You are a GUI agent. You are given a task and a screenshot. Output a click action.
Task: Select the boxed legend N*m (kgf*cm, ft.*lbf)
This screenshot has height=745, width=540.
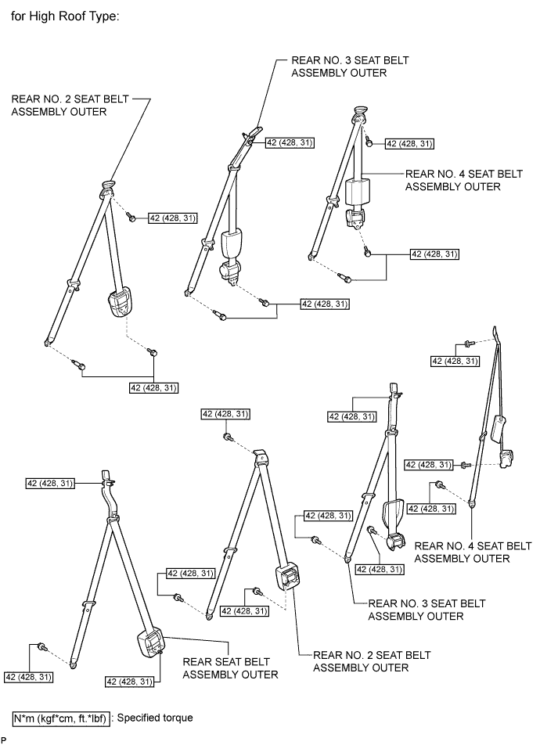62,716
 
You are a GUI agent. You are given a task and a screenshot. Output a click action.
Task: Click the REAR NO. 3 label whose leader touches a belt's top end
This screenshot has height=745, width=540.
340,67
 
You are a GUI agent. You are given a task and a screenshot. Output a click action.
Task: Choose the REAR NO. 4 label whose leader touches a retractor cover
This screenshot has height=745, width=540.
452,181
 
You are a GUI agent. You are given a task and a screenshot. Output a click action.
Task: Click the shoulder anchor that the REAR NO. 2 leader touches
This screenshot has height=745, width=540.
107,187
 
